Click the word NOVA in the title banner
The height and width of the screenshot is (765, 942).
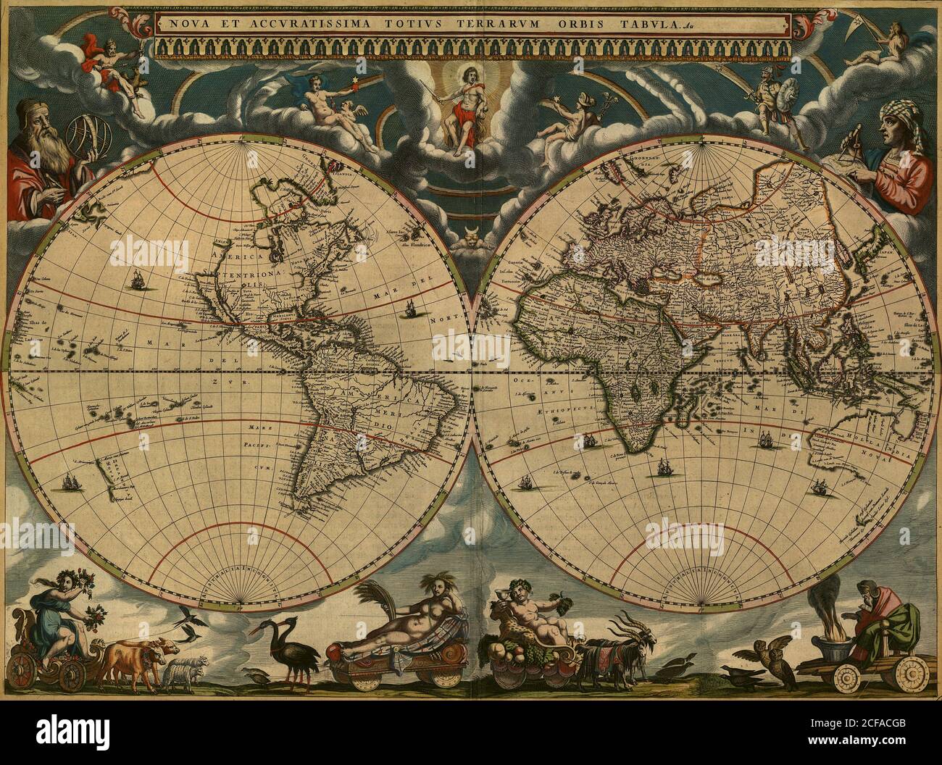click(x=183, y=22)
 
